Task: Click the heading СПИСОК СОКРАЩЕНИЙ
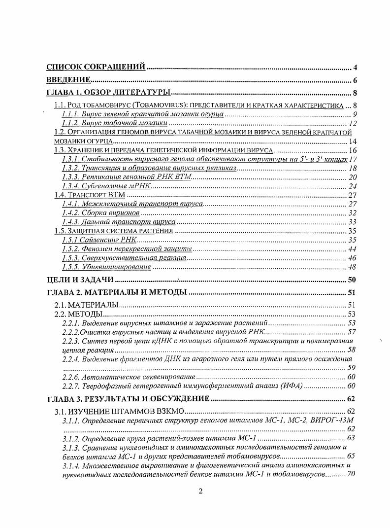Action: coord(96,67)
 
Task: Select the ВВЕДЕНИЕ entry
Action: coord(68,80)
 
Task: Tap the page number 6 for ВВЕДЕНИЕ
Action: coord(355,81)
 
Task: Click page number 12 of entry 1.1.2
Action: coord(353,123)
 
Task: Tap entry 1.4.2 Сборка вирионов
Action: coord(101,212)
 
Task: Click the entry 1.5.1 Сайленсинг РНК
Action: coord(98,240)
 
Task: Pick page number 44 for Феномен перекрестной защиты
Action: coord(353,249)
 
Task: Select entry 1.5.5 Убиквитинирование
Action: coord(106,267)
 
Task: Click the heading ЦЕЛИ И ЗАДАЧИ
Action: coord(76,280)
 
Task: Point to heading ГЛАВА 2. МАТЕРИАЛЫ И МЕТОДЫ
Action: coord(117,293)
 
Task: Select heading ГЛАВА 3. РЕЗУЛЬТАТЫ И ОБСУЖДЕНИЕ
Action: coord(129,399)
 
